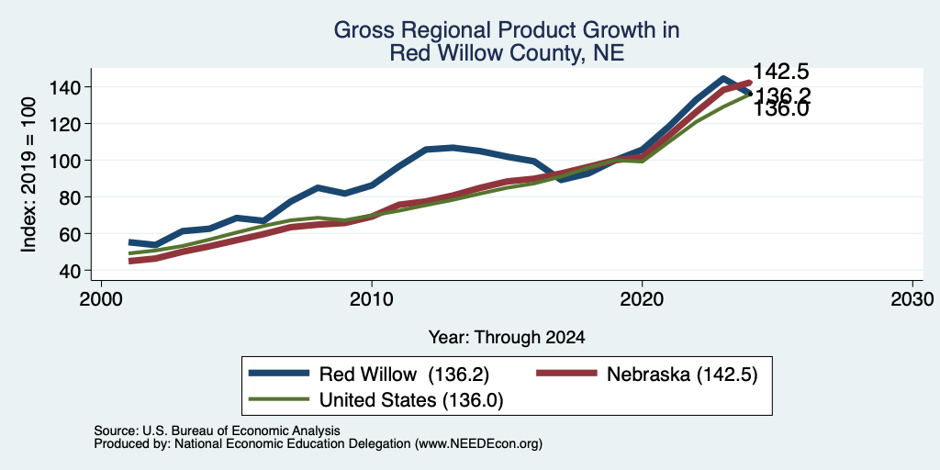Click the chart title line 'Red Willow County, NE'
click(507, 53)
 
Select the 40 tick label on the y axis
click(72, 271)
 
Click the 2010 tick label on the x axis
click(372, 299)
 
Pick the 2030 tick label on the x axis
click(912, 299)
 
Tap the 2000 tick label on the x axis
click(101, 299)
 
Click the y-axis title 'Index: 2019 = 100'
click(28, 174)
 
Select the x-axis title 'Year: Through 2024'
click(507, 338)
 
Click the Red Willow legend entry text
click(405, 375)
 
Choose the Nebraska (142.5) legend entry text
click(682, 375)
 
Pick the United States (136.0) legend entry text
click(411, 400)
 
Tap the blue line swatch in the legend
click(279, 374)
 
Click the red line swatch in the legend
click(566, 374)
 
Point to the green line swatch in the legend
click(279, 399)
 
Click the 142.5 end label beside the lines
click(780, 72)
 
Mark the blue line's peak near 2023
click(723, 79)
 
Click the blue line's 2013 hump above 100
click(453, 148)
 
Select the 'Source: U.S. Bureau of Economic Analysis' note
click(217, 431)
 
